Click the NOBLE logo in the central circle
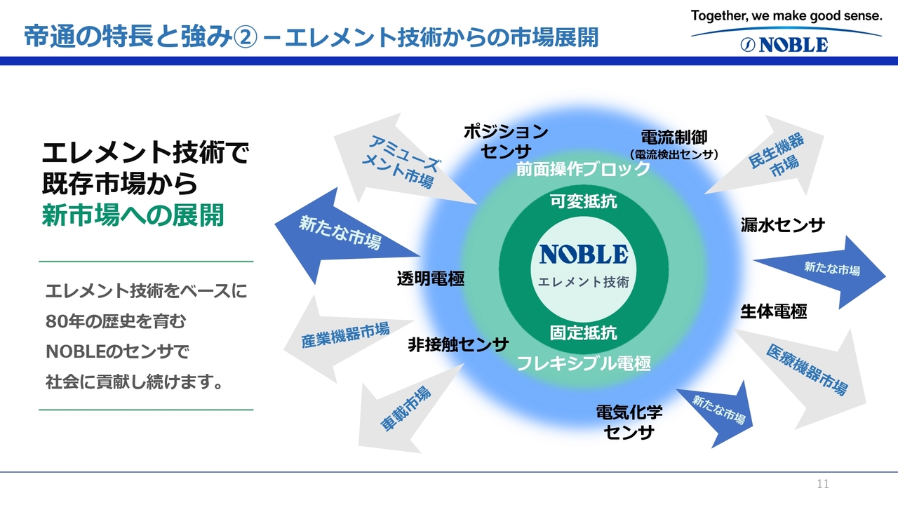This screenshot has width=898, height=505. click(584, 254)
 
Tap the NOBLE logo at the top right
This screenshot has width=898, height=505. click(784, 45)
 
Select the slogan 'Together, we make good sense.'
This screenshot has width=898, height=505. click(786, 15)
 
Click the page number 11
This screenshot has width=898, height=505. click(823, 484)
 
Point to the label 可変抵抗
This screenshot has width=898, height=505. click(584, 202)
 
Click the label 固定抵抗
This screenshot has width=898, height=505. click(584, 332)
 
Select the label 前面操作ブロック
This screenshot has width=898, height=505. click(584, 169)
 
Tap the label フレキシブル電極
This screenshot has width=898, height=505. click(584, 363)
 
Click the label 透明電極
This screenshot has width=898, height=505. click(431, 278)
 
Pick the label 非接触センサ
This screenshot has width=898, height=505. click(458, 344)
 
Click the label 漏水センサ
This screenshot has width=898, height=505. click(783, 225)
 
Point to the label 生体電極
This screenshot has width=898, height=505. click(774, 311)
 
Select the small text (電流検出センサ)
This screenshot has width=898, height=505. click(673, 154)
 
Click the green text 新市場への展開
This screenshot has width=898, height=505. click(133, 216)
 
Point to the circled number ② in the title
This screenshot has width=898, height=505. click(246, 36)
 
